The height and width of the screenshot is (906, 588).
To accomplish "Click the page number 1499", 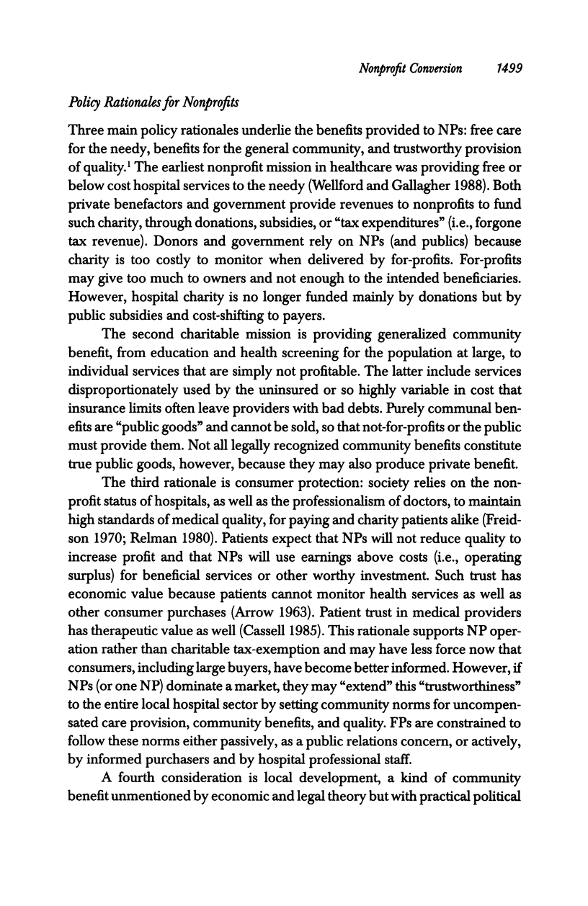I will point(509,68).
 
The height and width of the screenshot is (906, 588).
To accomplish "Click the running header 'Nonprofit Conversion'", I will point(410,68).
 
